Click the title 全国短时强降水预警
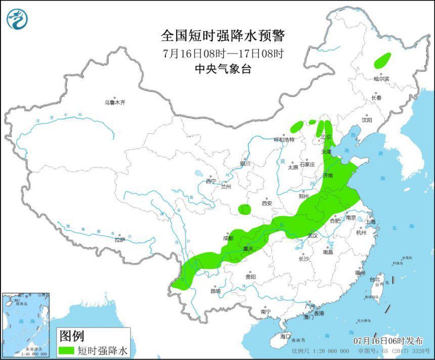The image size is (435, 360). click(x=223, y=36)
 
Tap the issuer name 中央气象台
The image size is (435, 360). click(x=223, y=69)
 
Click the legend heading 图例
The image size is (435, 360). click(x=72, y=335)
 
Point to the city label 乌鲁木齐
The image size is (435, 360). click(x=115, y=103)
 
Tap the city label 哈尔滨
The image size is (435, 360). click(x=381, y=79)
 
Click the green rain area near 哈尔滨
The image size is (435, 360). click(x=383, y=60)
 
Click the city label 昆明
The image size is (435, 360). click(x=215, y=291)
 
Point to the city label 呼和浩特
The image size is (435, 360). click(x=284, y=140)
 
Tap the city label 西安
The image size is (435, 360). click(x=267, y=204)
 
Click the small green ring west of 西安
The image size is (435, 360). click(x=244, y=208)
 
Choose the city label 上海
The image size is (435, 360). click(x=371, y=222)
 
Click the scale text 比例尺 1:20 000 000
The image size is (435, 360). click(x=320, y=351)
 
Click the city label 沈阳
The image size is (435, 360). click(x=367, y=121)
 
